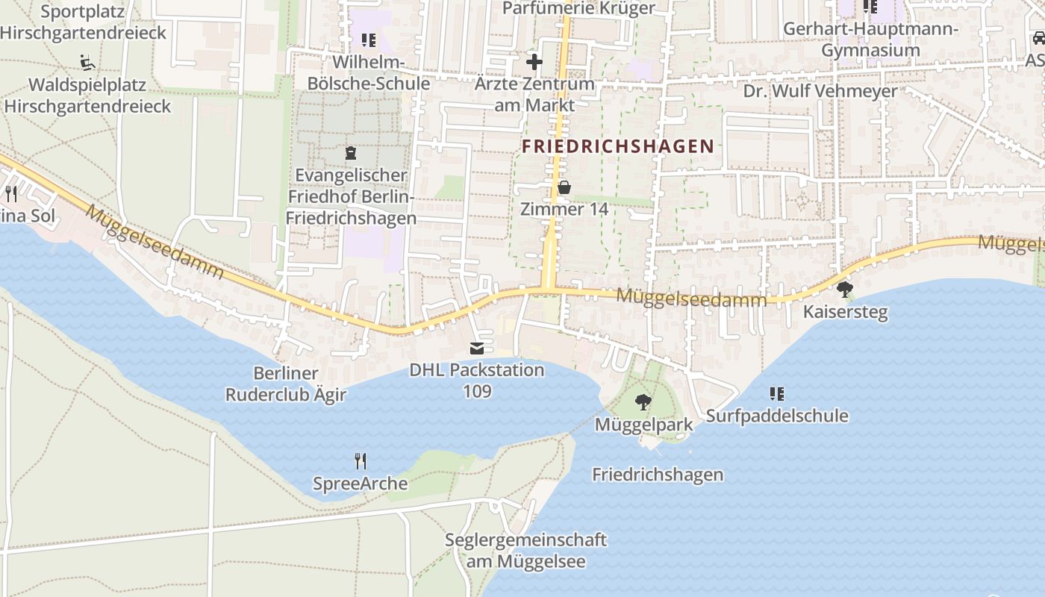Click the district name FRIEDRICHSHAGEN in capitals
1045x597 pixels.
tap(618, 146)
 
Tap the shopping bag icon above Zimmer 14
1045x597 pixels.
tap(564, 187)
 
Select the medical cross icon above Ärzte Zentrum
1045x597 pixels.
tap(534, 61)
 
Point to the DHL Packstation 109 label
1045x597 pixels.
tap(477, 380)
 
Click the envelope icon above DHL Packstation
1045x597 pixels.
tap(476, 348)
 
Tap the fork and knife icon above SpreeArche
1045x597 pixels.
tap(361, 461)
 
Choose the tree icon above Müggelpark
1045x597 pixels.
tap(643, 403)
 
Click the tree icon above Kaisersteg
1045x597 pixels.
tap(845, 289)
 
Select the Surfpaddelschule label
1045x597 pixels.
tap(777, 416)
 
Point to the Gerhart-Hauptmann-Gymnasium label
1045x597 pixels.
tap(870, 40)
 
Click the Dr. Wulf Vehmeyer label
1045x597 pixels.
tap(820, 91)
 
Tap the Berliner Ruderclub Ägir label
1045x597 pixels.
tap(286, 384)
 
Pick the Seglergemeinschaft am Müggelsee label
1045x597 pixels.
tap(525, 550)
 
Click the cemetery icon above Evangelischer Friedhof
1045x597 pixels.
tap(350, 154)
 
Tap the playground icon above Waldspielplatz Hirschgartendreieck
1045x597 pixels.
tap(87, 61)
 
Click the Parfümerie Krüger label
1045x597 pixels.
tap(578, 8)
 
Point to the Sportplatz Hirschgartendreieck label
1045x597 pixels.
tap(83, 22)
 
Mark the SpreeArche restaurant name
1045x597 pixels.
tap(360, 484)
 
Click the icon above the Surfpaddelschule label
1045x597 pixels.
tap(776, 393)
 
